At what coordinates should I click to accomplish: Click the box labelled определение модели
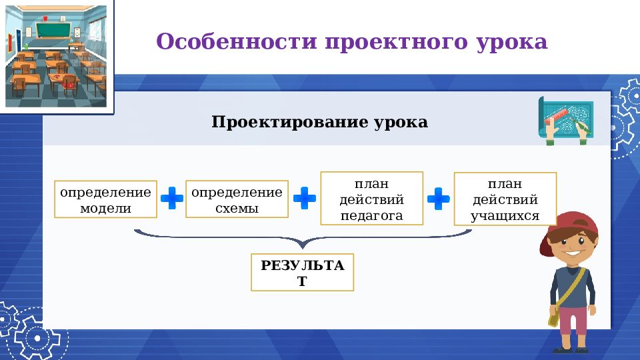(105, 199)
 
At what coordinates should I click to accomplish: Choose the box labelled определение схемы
(237, 199)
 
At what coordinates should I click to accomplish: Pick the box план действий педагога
(371, 199)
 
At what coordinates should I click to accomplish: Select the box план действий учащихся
(505, 199)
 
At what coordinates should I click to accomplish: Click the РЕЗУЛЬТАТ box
(302, 272)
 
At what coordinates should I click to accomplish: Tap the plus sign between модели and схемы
(171, 199)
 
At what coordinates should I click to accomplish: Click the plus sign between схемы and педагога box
(305, 198)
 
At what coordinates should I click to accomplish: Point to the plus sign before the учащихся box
(438, 198)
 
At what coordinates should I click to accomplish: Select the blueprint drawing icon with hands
(565, 119)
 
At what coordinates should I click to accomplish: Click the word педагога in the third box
(371, 215)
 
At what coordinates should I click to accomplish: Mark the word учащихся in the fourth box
(505, 216)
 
